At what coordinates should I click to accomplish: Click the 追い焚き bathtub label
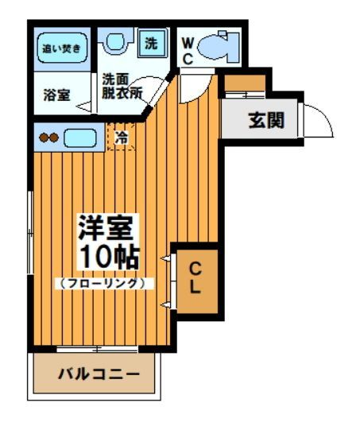(60, 48)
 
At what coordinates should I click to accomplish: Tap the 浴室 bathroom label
(56, 94)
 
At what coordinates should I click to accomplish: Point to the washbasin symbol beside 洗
(117, 43)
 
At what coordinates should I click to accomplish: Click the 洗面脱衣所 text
(120, 85)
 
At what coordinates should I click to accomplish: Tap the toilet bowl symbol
(215, 48)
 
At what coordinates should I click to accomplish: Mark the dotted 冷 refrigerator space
(121, 137)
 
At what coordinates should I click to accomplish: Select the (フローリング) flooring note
(103, 282)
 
